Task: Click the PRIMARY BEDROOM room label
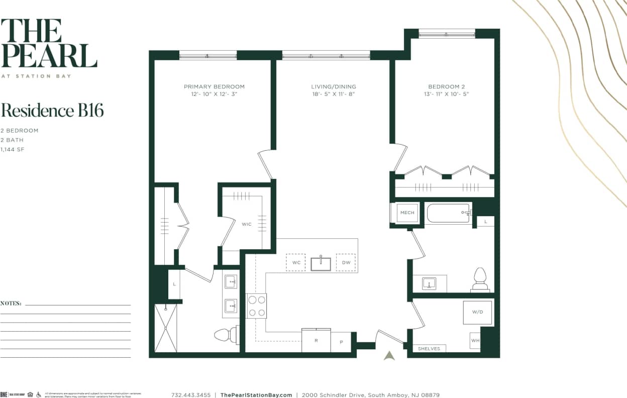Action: (214, 86)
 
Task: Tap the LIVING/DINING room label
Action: (333, 86)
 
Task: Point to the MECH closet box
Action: (407, 213)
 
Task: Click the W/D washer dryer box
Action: (477, 312)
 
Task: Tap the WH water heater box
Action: (475, 340)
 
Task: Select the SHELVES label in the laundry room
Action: (429, 348)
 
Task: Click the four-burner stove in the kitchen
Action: (256, 306)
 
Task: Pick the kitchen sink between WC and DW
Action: (321, 263)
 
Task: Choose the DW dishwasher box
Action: (346, 262)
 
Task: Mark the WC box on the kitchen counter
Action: (295, 262)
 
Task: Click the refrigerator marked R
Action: (316, 340)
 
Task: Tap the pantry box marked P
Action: (341, 342)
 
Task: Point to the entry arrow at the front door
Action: (389, 355)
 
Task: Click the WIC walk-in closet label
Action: (246, 224)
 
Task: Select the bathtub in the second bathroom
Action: (449, 213)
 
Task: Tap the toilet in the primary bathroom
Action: (225, 334)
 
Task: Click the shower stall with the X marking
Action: (166, 328)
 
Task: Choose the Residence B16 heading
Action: (52, 110)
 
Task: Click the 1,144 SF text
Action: (13, 149)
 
